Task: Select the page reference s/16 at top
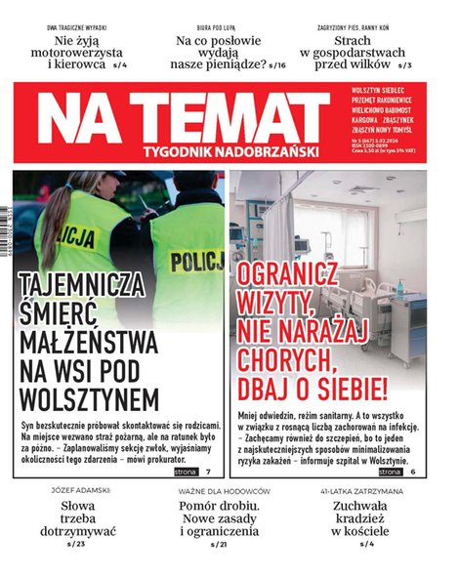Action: pyautogui.click(x=277, y=64)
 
